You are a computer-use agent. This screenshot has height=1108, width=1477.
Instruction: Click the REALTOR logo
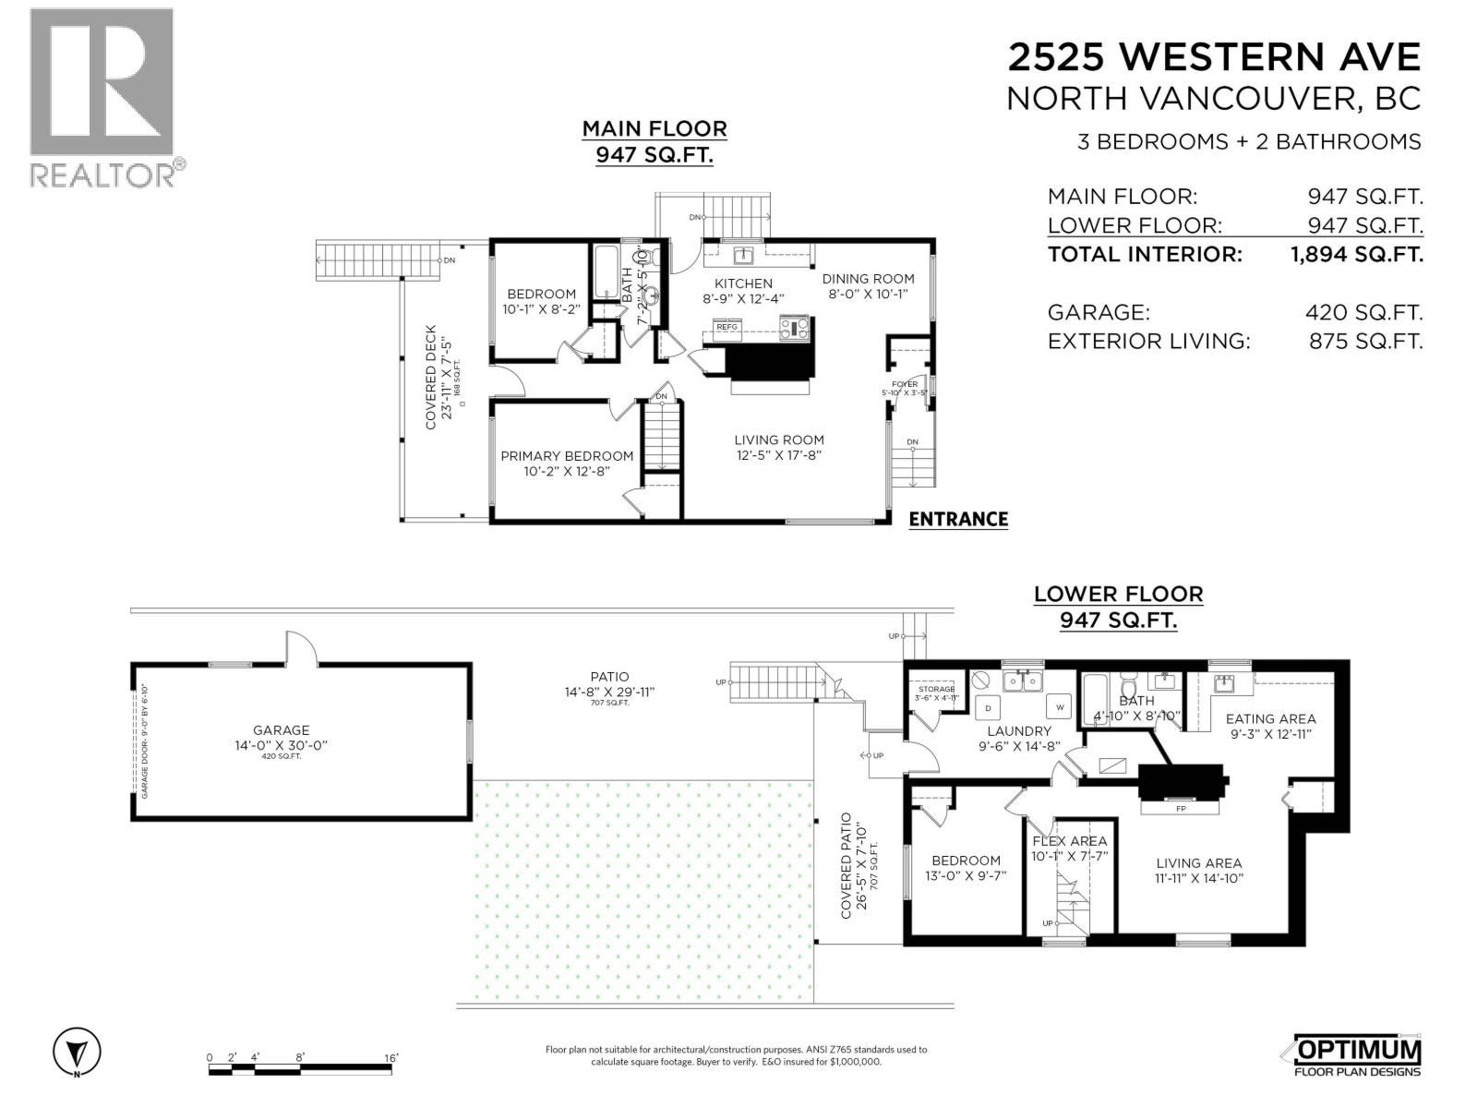pos(102,97)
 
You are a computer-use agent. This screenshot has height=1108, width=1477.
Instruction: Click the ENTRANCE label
pos(957,519)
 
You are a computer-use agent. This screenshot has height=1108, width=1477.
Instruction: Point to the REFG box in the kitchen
pos(726,327)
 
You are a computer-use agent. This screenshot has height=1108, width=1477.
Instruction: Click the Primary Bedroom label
pos(567,456)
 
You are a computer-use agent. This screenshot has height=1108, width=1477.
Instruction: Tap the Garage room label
pos(282,729)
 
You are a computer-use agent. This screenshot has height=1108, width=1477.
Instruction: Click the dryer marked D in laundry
pos(988,708)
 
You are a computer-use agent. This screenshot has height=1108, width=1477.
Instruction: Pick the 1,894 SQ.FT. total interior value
pos(1356,254)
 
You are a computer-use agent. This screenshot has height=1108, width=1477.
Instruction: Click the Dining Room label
pos(868,279)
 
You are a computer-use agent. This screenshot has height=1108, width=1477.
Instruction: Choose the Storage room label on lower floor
pos(936,689)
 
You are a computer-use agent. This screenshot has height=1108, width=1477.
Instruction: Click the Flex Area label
pos(1069,841)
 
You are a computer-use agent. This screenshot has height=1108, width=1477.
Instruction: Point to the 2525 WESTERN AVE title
pos(1213,57)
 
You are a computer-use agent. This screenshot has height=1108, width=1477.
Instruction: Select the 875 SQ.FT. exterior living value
pos(1365,341)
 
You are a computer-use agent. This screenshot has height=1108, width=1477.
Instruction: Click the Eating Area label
pos(1270,718)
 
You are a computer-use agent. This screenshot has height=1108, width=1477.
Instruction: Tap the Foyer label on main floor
pos(905,384)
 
